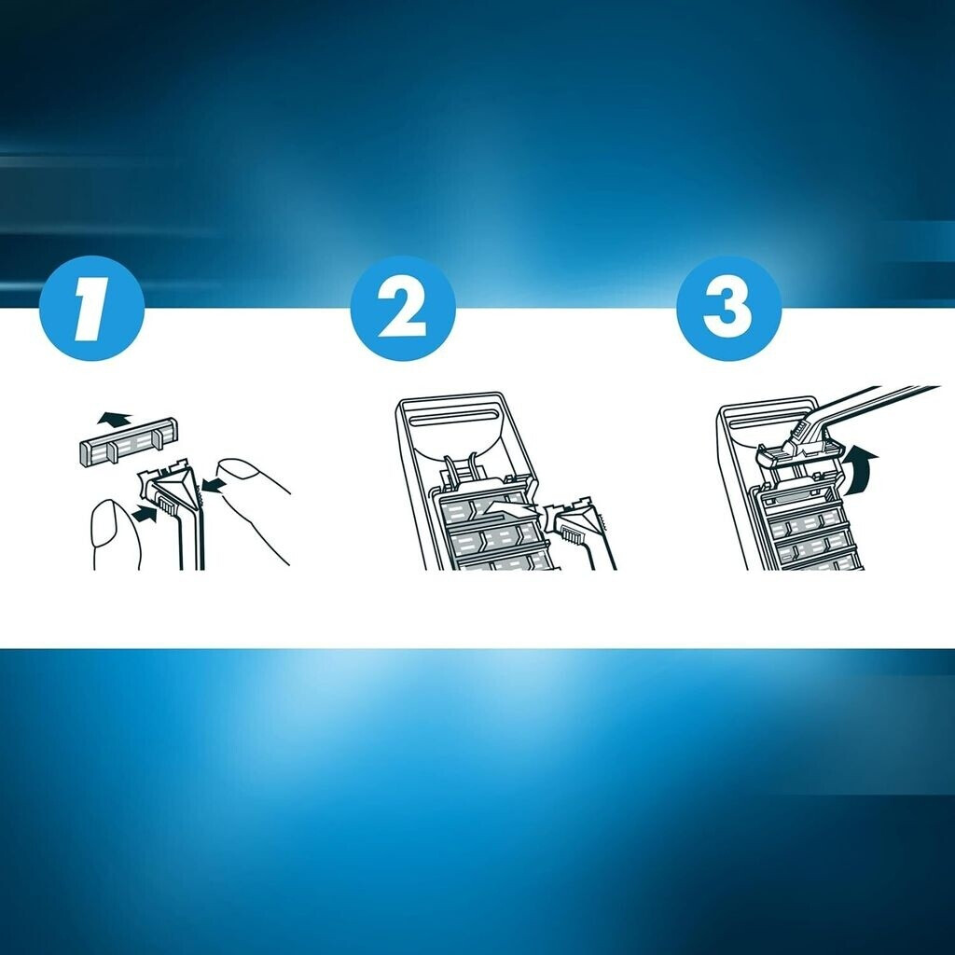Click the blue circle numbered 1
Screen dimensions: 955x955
coord(91,308)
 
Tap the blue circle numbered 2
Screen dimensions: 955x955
coord(403,308)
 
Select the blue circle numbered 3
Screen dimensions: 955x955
coord(728,308)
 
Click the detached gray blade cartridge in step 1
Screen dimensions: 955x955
coord(129,442)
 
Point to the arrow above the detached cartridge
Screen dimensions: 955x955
coord(114,419)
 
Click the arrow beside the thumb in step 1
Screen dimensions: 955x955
coord(144,515)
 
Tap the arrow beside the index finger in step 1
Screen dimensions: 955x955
coord(215,485)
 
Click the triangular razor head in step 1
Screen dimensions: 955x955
coord(175,491)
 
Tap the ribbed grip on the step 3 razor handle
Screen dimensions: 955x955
coord(796,431)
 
